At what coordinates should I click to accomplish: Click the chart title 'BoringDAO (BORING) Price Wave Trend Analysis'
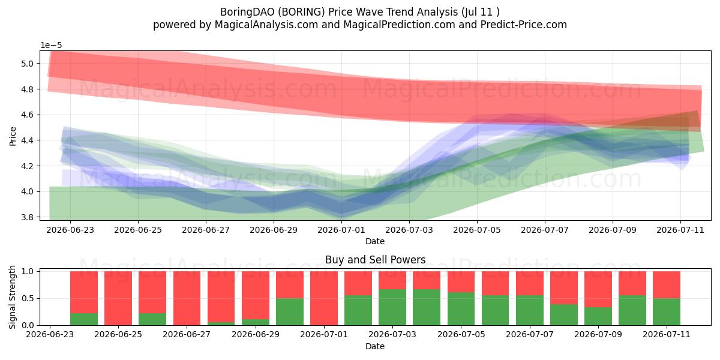(x=339, y=12)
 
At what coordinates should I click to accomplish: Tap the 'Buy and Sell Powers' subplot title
(x=375, y=259)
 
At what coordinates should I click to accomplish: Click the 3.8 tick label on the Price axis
(x=28, y=217)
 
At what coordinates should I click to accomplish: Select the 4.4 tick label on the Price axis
(x=28, y=140)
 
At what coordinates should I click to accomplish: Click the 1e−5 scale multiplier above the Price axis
(x=51, y=46)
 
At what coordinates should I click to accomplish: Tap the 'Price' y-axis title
(x=13, y=136)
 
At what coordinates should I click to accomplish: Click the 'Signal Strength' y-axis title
(x=12, y=297)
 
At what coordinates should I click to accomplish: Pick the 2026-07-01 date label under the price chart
(x=341, y=230)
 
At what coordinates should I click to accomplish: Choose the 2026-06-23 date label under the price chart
(x=70, y=230)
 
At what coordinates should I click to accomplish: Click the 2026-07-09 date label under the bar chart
(x=598, y=334)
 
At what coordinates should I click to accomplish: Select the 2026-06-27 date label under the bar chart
(x=187, y=334)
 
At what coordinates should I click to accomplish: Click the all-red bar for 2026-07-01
(x=324, y=298)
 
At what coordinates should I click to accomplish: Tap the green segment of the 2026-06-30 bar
(x=290, y=311)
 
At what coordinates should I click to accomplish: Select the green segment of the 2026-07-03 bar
(x=392, y=307)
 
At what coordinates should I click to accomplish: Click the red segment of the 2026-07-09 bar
(x=598, y=289)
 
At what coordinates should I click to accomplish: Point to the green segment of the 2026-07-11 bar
(x=667, y=311)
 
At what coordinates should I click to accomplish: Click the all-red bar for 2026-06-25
(x=118, y=298)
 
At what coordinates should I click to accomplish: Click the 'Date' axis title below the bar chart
(x=375, y=346)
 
